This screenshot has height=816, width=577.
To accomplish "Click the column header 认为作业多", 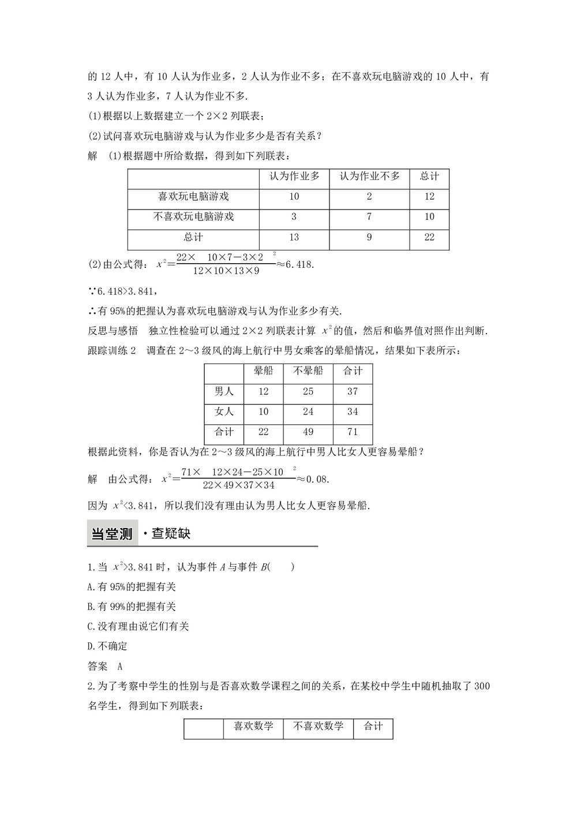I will [x=294, y=177].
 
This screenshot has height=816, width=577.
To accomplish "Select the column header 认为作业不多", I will [x=369, y=177].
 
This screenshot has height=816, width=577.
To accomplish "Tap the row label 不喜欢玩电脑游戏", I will [x=194, y=217].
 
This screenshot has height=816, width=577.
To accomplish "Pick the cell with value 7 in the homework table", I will [x=369, y=217].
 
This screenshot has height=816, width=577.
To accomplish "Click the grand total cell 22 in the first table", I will [x=429, y=238].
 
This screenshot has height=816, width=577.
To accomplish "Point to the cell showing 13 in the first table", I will [x=294, y=238].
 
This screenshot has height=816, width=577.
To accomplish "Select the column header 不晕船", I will [x=308, y=371].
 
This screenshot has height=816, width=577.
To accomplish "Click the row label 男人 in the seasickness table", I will [x=224, y=392].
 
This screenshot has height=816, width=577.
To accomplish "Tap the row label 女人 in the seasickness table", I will [x=224, y=412].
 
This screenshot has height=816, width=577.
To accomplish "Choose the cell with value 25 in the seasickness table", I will [x=308, y=392].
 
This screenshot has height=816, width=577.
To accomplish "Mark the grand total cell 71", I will [x=353, y=432].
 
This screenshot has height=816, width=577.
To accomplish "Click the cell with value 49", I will [x=308, y=432].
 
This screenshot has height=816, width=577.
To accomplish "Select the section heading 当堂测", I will [x=112, y=534].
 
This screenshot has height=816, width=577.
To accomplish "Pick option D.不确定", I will [x=107, y=646].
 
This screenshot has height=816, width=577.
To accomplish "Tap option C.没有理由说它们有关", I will [x=138, y=626].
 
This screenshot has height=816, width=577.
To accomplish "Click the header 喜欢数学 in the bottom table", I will [x=253, y=727].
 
